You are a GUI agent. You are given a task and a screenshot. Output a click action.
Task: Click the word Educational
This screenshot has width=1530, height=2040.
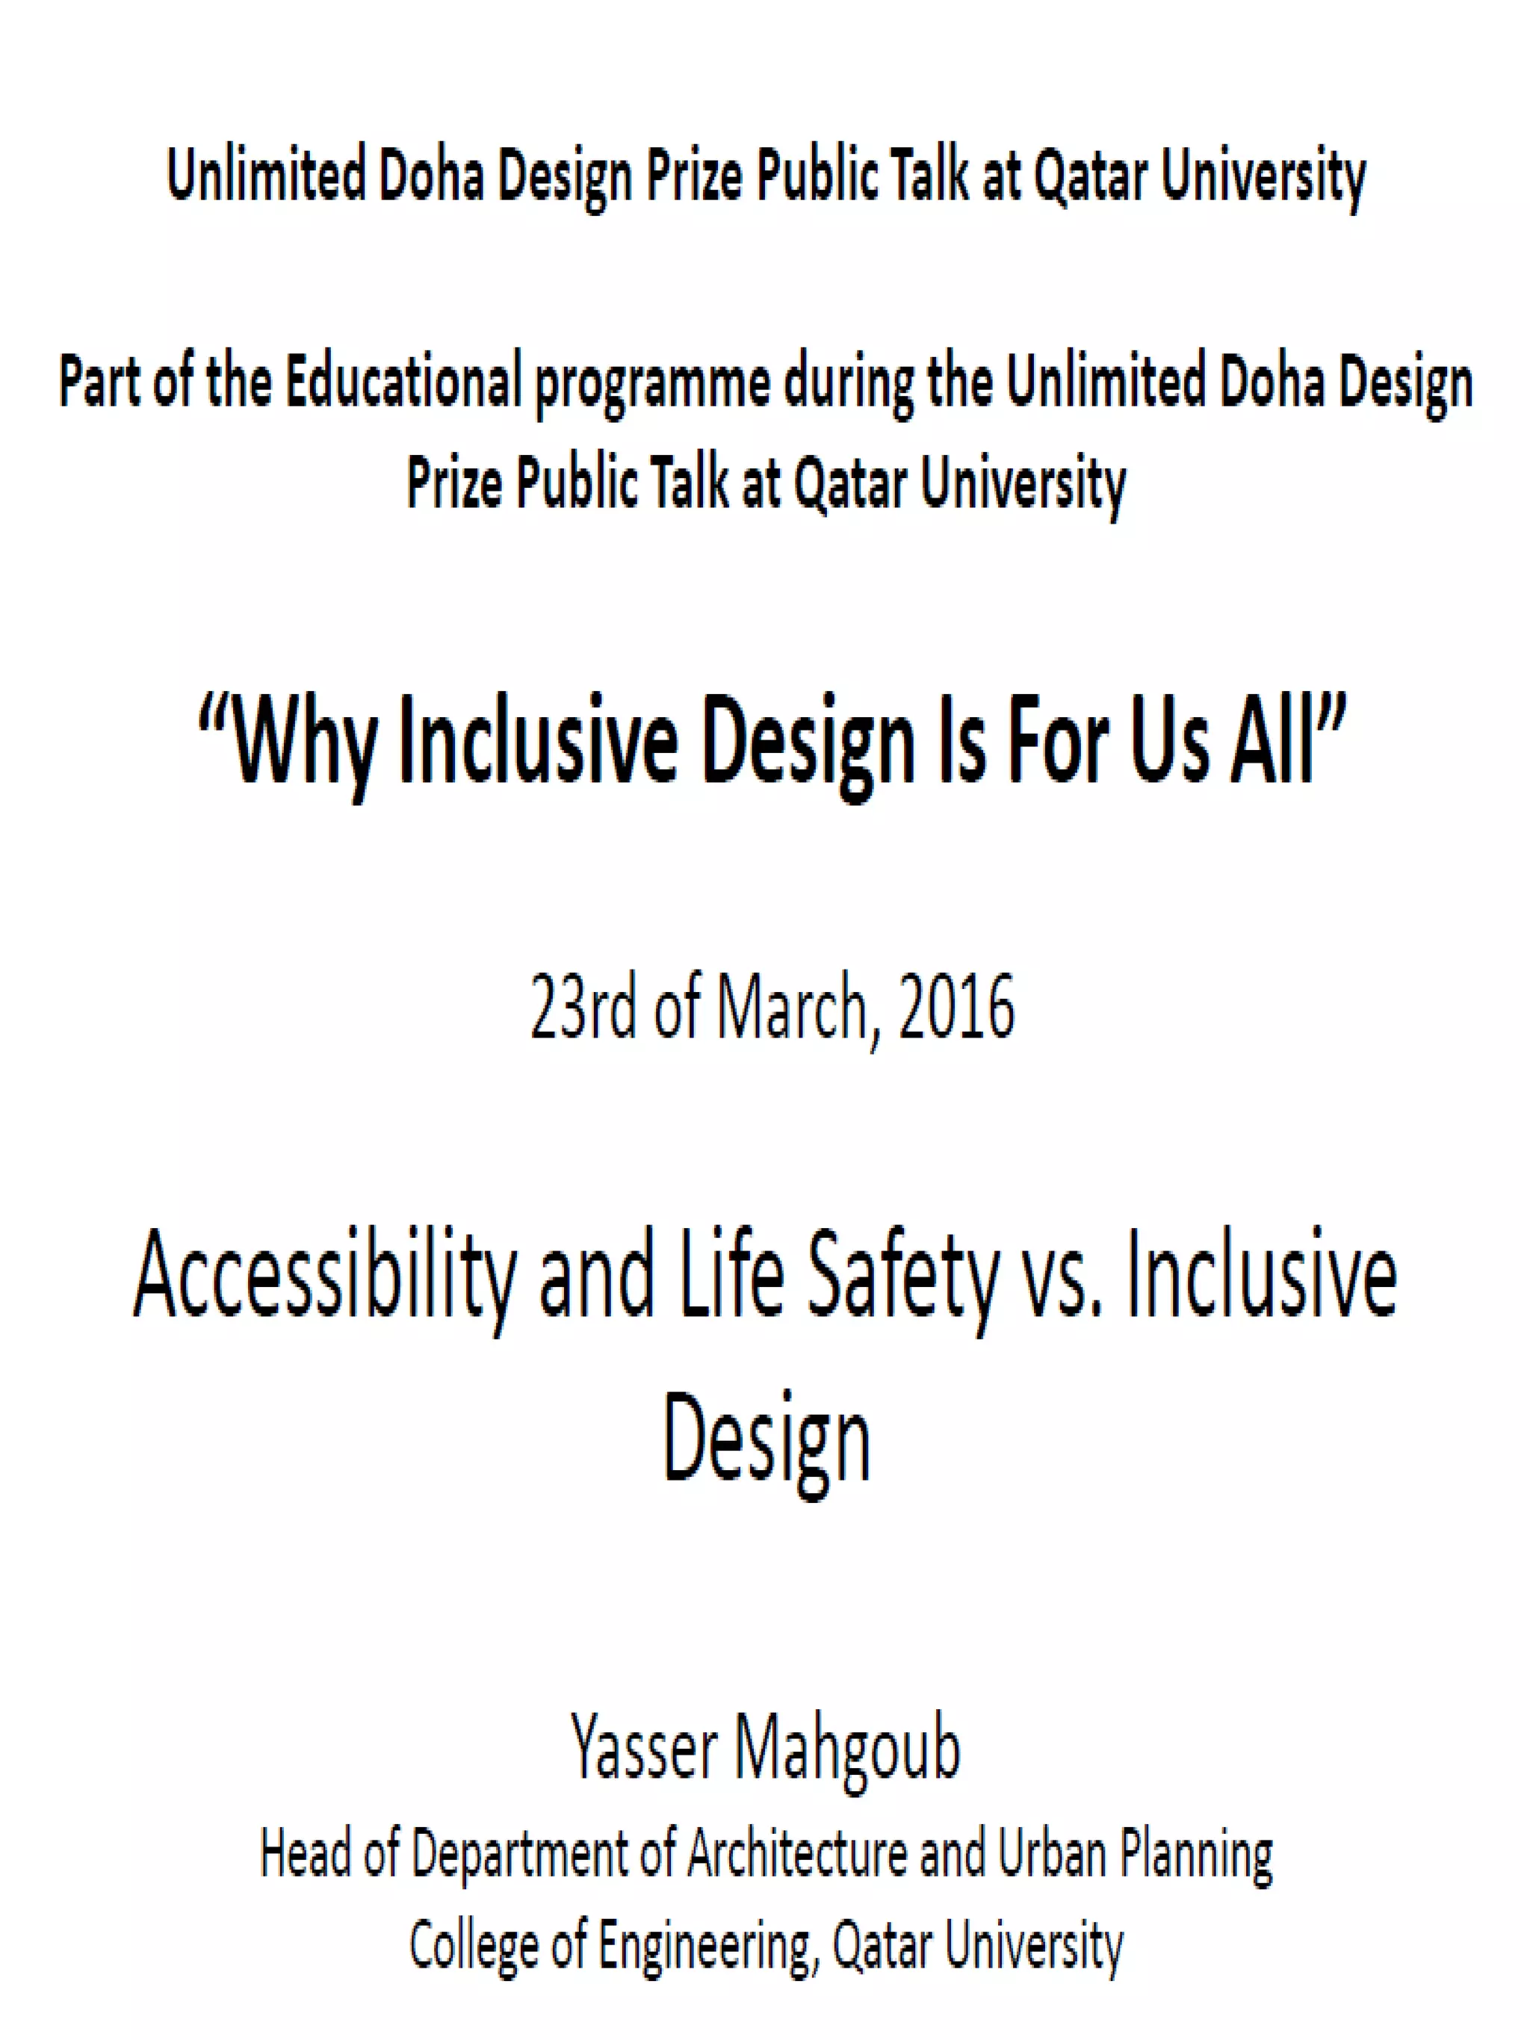(x=404, y=382)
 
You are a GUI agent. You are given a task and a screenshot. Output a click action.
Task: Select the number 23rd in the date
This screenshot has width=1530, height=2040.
(x=583, y=1008)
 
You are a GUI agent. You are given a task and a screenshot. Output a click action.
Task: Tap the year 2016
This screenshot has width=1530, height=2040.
(x=956, y=1008)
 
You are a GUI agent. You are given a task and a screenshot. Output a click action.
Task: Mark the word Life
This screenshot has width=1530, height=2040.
(x=731, y=1274)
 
